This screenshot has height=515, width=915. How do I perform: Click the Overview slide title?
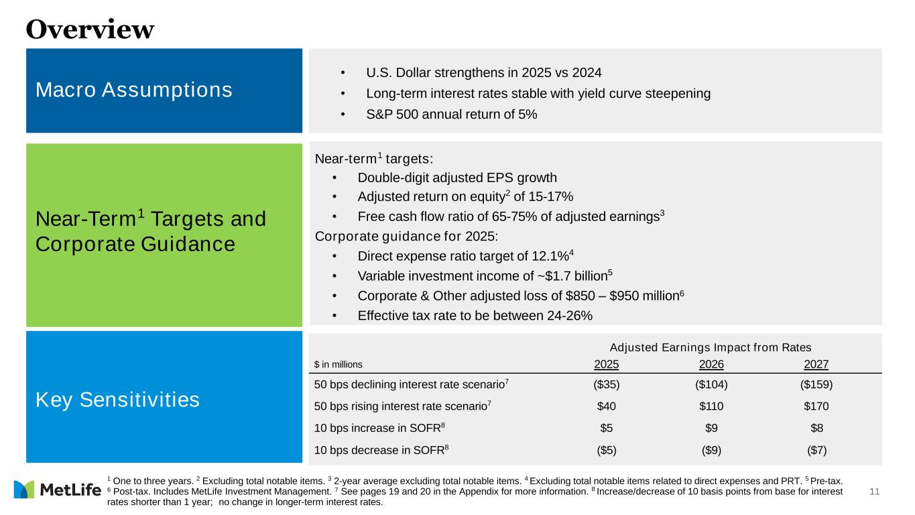[x=90, y=29]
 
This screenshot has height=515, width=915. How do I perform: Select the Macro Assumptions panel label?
[x=134, y=90]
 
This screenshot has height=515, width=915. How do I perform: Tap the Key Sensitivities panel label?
[x=117, y=400]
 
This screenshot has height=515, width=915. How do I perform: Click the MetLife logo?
[x=57, y=490]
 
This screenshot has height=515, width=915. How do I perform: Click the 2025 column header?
[x=607, y=364]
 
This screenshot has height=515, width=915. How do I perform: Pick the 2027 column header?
[x=816, y=364]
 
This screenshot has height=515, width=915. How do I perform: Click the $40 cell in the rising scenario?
[x=607, y=406]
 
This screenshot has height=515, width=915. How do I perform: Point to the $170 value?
[x=816, y=406]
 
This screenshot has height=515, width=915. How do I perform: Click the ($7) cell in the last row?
[x=816, y=450]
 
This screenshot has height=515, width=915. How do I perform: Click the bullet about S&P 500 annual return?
[x=451, y=115]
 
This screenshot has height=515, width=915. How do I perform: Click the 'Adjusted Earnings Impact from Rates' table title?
[x=711, y=347]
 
